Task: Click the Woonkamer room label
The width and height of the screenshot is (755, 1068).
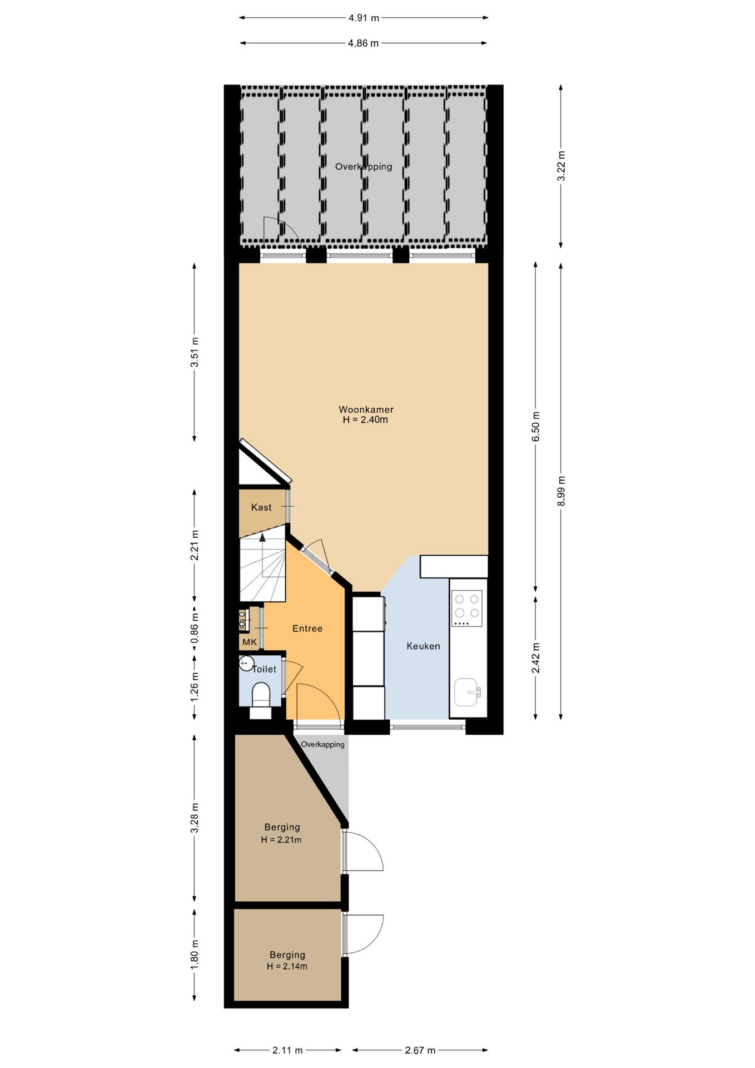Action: click(x=366, y=409)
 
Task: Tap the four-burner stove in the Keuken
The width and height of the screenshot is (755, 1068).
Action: click(x=466, y=608)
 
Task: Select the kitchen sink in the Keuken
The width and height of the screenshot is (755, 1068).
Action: click(x=466, y=692)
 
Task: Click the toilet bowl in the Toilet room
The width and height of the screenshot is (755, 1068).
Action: click(x=261, y=694)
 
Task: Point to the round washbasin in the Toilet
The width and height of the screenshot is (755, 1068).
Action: click(x=246, y=663)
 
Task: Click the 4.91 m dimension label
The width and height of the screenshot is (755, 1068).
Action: click(x=364, y=18)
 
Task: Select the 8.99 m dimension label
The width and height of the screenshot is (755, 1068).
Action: click(x=561, y=491)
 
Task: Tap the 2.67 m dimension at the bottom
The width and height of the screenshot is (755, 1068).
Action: click(x=420, y=1050)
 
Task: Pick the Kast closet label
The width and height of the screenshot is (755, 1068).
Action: click(x=261, y=507)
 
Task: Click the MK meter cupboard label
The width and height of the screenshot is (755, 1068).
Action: click(x=250, y=642)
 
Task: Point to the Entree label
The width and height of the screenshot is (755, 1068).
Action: click(x=307, y=629)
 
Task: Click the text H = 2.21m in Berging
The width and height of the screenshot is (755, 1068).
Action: click(x=281, y=840)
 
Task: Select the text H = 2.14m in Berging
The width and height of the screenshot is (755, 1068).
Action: click(x=287, y=967)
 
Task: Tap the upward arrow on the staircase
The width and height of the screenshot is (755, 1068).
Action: click(x=262, y=537)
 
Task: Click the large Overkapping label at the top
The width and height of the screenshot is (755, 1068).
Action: click(x=364, y=166)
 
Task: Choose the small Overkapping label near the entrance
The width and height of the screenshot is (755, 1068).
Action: click(x=322, y=744)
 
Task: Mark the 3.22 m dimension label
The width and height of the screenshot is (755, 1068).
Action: click(x=561, y=166)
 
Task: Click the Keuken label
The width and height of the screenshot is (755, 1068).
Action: click(x=423, y=646)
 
